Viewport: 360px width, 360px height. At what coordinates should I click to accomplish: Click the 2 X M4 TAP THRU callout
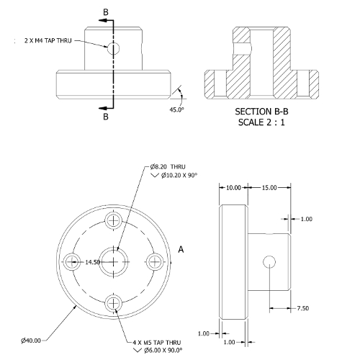[x=48, y=40]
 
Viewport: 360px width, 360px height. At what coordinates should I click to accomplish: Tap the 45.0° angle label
[x=177, y=109]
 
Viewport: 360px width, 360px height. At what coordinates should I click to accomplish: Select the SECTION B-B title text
[x=261, y=112]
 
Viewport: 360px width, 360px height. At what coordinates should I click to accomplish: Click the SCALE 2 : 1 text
[x=261, y=122]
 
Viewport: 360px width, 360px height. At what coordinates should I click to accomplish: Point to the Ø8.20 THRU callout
[x=168, y=166]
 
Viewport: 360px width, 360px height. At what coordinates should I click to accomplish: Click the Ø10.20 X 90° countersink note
[x=179, y=176]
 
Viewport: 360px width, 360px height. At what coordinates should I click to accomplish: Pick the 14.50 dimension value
[x=93, y=262]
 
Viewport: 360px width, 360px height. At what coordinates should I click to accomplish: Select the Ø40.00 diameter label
[x=31, y=341]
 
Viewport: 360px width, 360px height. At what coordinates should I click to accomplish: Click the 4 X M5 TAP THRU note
[x=157, y=343]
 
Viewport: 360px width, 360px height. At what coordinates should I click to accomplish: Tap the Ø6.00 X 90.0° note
[x=163, y=351]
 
